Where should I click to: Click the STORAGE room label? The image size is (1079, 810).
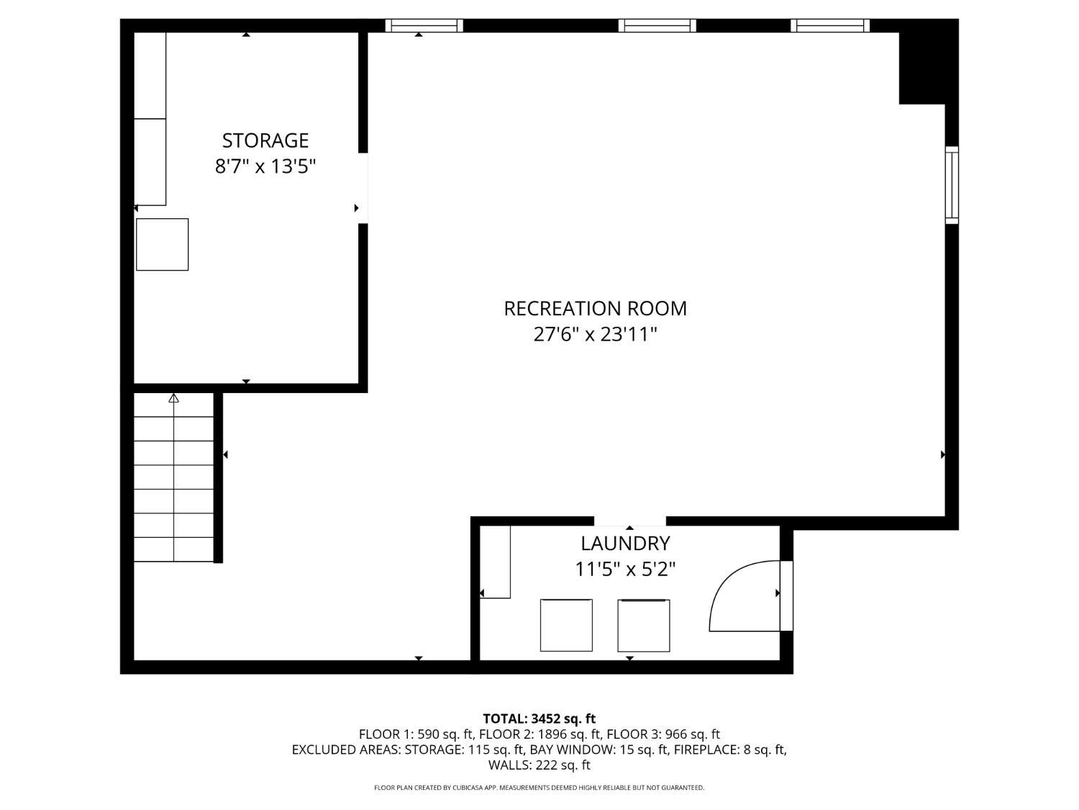265,140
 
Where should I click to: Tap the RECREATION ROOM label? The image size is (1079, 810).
595,308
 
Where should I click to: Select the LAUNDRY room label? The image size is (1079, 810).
625,544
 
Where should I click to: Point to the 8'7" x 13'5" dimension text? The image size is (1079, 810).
265,166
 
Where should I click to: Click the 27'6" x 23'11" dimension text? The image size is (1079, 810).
595,334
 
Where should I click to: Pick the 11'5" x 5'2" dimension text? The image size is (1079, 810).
625,570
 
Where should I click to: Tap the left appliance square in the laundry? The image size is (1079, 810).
566,625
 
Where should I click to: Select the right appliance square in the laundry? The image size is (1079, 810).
644,625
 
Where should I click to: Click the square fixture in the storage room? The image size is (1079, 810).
163,244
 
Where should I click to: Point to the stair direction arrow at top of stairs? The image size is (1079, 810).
173,398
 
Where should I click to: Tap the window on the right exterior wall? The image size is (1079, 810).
952,185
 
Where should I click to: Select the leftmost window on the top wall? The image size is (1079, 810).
424,26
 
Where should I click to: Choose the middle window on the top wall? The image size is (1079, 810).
657,26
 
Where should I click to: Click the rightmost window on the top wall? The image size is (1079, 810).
830,26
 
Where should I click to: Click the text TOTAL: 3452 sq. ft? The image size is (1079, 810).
539,719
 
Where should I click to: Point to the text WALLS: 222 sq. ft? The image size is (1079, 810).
539,765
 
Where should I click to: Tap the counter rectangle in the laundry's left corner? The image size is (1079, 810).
495,562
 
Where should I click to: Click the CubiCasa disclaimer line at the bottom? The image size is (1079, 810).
539,788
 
